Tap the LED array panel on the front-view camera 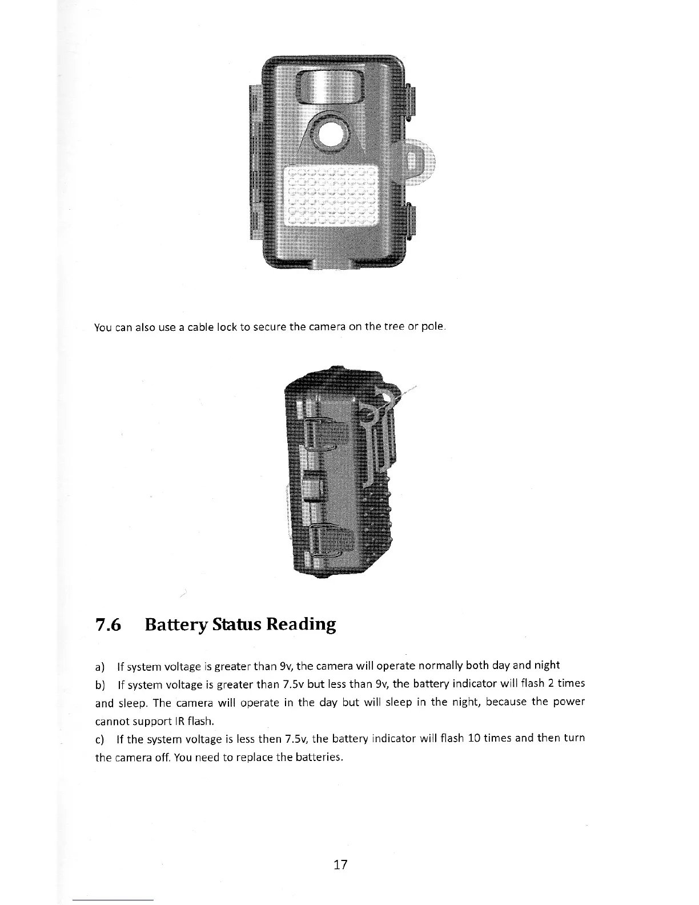332,196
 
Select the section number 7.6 109,624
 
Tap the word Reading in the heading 300,624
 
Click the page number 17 340,864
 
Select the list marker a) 100,666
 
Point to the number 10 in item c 473,739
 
